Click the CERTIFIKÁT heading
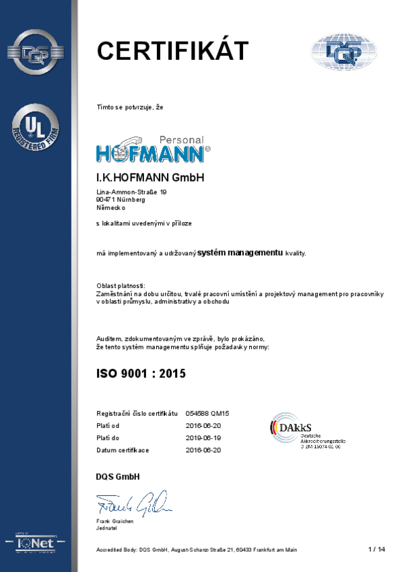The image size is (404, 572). [172, 51]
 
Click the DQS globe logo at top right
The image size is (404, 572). [343, 52]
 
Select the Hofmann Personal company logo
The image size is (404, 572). [153, 149]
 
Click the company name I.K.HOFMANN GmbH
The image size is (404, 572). [150, 178]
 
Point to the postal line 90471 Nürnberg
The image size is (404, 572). [121, 200]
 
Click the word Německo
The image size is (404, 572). [111, 208]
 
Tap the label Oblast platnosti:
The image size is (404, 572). [121, 287]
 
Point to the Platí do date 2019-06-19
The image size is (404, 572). [203, 437]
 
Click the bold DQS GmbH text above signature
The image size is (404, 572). [118, 477]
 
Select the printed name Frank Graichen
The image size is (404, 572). [115, 521]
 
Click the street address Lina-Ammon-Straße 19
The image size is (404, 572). [131, 192]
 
